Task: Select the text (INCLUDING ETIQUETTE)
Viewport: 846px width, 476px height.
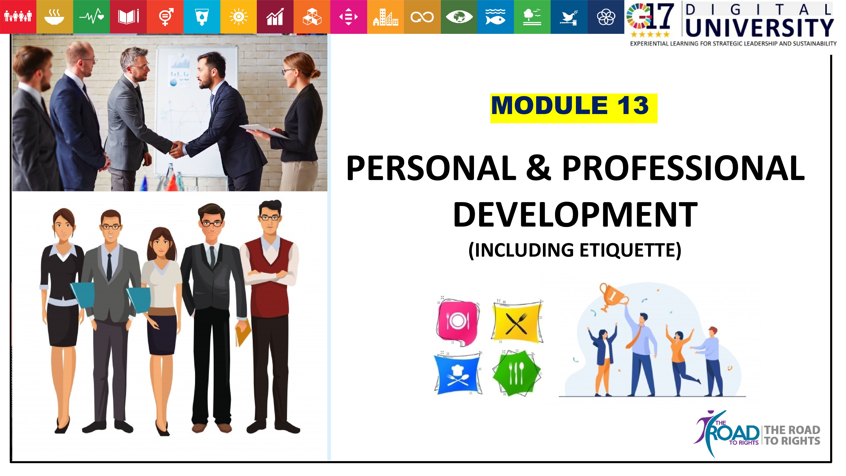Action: [x=575, y=250]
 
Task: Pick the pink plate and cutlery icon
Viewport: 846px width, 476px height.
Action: [x=457, y=321]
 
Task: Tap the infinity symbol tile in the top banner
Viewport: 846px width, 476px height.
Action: [x=422, y=17]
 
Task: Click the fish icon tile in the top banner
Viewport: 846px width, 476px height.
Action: [x=495, y=17]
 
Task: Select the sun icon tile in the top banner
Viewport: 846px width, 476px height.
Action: [x=238, y=17]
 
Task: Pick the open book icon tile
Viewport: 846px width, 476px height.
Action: [x=128, y=17]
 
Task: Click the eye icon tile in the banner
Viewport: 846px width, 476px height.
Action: [x=459, y=17]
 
